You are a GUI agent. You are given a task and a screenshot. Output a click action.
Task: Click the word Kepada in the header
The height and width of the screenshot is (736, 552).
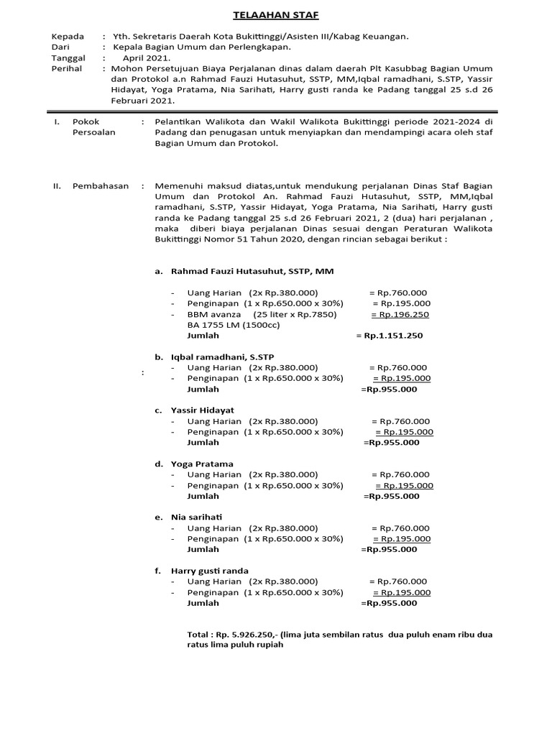68,36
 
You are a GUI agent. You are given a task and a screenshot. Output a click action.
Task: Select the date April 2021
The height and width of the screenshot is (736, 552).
147,57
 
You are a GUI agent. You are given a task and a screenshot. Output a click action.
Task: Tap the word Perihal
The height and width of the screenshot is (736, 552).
67,68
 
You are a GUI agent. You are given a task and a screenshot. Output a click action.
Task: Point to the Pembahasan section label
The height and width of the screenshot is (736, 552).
101,185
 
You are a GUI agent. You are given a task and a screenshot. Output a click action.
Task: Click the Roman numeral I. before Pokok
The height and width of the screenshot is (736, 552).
57,122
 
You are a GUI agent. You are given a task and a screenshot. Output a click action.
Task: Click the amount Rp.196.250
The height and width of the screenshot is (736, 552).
400,314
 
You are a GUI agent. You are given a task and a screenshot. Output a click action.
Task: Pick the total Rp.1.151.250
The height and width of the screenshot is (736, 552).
393,336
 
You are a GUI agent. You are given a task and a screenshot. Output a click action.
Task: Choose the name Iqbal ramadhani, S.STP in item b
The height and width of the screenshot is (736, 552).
222,356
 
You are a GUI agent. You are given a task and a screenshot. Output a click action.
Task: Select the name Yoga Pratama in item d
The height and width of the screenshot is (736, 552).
202,464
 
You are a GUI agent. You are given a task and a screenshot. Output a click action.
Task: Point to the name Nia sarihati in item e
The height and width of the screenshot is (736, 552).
196,517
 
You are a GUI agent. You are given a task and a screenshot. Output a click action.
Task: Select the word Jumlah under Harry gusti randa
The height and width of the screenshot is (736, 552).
203,603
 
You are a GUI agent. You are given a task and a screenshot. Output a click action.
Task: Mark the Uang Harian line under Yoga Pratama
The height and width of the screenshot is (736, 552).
252,474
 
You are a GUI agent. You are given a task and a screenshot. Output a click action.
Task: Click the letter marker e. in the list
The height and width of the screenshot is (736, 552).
159,517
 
